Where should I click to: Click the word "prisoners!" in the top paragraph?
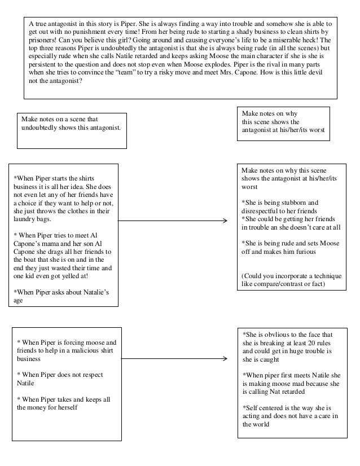pyautogui.click(x=45, y=41)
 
